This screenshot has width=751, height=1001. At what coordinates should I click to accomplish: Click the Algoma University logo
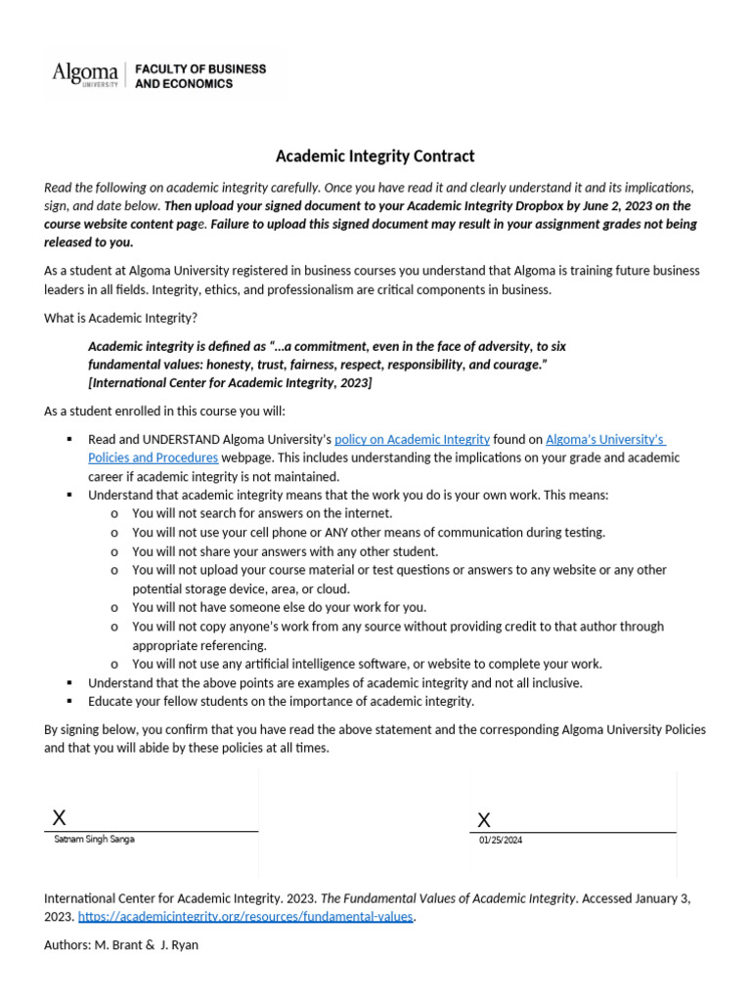click(84, 74)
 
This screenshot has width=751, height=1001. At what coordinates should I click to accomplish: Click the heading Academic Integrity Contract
click(375, 156)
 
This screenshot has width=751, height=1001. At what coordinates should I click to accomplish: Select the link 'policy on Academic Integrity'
click(412, 440)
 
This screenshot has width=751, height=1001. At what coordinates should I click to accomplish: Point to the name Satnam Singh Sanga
click(95, 839)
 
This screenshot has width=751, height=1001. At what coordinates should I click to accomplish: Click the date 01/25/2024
click(501, 840)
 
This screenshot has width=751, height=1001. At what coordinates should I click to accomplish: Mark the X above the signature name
click(60, 818)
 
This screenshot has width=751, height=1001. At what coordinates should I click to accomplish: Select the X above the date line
click(484, 819)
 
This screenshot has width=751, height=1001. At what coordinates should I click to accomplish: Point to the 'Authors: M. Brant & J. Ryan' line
click(121, 945)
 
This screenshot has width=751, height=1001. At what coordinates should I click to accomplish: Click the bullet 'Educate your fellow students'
click(281, 701)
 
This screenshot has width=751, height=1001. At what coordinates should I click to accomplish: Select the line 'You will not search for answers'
click(262, 513)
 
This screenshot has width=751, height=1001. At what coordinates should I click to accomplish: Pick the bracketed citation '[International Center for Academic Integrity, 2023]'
click(230, 382)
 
